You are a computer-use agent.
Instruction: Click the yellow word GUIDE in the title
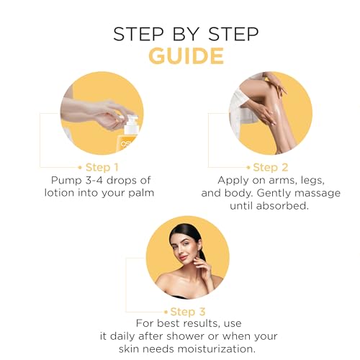coord(186,56)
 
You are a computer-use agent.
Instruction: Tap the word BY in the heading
coord(186,34)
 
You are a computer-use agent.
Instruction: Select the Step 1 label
coord(102,168)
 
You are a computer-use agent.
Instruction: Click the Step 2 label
coord(271,168)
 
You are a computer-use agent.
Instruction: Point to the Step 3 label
coord(188,312)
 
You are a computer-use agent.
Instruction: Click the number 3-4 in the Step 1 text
coord(94,180)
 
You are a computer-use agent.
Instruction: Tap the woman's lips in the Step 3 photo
coord(183,258)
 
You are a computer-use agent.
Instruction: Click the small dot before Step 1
coord(80,168)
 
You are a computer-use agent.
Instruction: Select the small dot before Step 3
coord(166,312)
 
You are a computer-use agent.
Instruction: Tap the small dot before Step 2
coord(248,168)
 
